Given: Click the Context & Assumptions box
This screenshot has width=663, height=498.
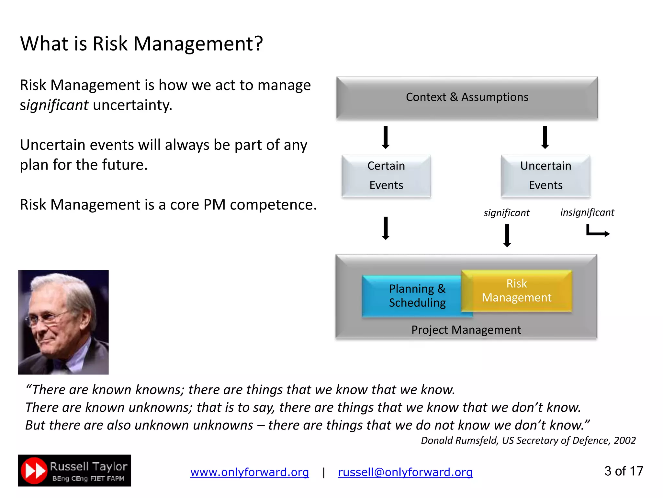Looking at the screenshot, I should (x=467, y=97).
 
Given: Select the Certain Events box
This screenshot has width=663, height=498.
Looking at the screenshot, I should (x=386, y=175).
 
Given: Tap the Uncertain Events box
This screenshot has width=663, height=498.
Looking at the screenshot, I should (x=545, y=175).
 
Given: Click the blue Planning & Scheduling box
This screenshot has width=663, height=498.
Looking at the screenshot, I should (x=411, y=296).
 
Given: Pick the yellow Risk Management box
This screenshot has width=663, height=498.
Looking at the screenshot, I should (x=516, y=290).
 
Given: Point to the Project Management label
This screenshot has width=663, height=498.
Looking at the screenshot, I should (x=466, y=330).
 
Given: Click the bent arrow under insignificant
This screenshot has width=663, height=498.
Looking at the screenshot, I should (x=597, y=232).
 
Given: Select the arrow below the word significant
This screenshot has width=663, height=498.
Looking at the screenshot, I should (x=507, y=235).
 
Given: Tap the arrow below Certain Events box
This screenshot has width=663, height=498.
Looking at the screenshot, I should (x=386, y=228).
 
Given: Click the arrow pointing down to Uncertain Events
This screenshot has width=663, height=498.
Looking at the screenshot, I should (x=545, y=137).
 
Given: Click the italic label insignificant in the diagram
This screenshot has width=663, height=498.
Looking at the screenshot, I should (x=587, y=212).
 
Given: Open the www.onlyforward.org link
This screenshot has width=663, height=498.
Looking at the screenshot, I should (x=249, y=472).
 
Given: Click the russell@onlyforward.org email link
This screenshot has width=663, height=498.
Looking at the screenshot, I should (x=405, y=472).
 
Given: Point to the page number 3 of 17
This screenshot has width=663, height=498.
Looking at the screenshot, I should (x=623, y=471).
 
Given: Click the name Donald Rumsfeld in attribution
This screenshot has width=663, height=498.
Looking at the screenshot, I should (x=460, y=441).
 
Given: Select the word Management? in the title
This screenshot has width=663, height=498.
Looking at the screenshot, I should (x=198, y=44).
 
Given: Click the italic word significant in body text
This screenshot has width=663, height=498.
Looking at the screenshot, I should (x=54, y=105).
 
